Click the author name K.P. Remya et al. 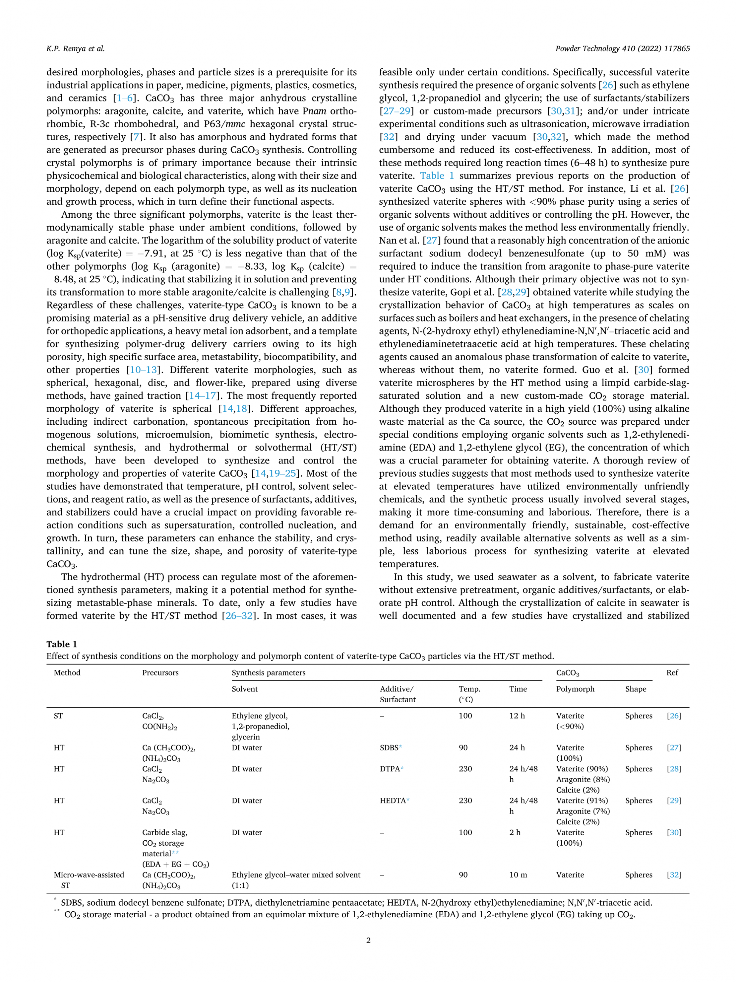75,49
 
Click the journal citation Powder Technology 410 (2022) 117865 622,49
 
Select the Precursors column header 160,672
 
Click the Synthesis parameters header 269,672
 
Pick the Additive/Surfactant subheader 398,694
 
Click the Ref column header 672,672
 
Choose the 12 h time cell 517,716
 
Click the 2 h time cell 515,832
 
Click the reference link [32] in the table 674,875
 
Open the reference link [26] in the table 674,716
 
